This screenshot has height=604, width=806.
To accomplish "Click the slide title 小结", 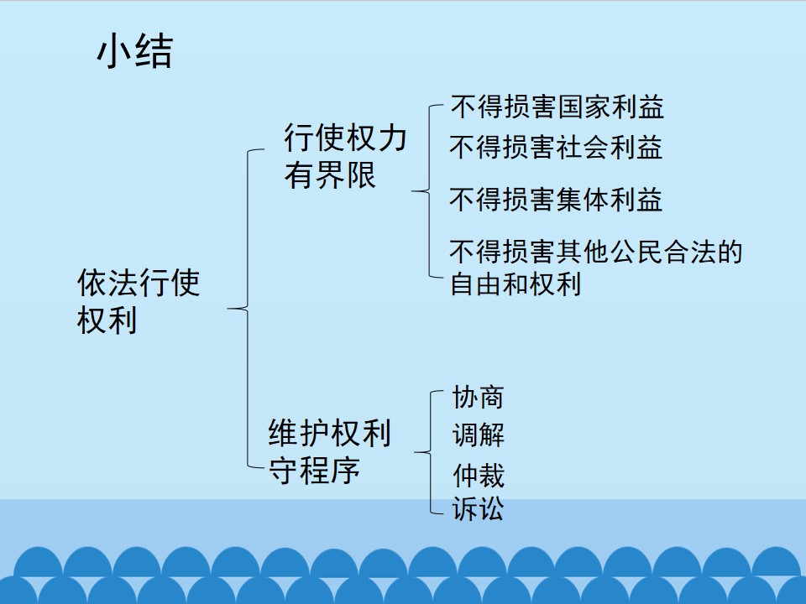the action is [134, 51].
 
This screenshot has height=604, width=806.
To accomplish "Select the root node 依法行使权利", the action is [138, 301].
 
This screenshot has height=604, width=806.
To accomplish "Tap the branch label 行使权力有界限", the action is [345, 156].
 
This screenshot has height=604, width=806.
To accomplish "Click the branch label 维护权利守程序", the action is [329, 451].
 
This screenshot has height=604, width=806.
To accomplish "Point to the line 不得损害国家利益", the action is [557, 107].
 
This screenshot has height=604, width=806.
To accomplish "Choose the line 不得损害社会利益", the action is [556, 148].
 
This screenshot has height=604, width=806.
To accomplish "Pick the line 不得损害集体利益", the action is [556, 200].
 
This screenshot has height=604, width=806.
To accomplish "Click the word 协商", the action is [478, 397].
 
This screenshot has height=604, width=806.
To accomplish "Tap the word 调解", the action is [478, 435].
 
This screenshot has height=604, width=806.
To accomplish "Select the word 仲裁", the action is [479, 475].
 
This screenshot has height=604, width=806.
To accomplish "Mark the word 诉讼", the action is [478, 509].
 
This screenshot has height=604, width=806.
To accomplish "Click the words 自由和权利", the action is [516, 284].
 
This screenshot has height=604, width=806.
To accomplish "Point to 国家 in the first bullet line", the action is [583, 107].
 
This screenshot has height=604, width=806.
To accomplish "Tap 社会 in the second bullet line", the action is [582, 148].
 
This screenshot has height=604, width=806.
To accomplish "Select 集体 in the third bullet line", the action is [582, 200].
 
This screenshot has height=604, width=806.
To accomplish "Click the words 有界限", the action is [329, 175].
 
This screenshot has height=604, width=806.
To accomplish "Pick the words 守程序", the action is [314, 470].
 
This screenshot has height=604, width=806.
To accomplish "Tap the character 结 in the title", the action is [154, 52].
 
